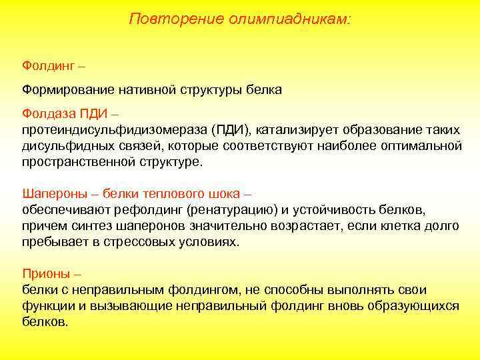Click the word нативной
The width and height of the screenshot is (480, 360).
(x=135, y=89)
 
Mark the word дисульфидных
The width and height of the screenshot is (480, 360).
(x=65, y=145)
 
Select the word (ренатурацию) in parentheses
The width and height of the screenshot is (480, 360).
(x=233, y=209)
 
